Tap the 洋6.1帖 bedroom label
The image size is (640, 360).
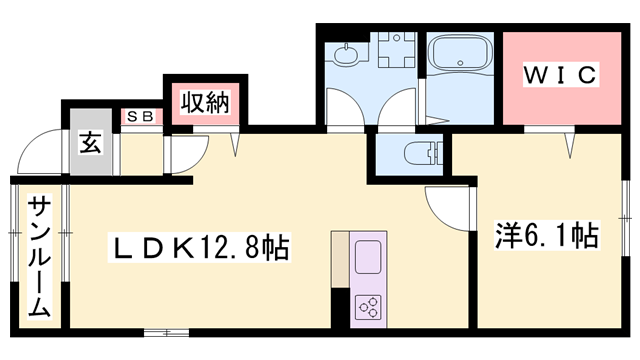[x=547, y=236]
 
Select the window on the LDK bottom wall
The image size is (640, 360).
[x=166, y=331]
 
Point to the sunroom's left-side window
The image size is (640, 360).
[x=13, y=256]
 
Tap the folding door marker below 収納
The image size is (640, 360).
[x=237, y=142]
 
